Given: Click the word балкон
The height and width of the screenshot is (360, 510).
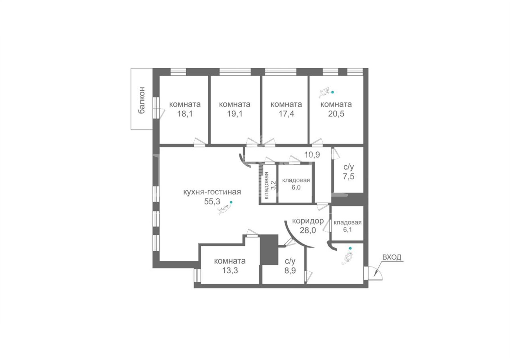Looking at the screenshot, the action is (x=142, y=100).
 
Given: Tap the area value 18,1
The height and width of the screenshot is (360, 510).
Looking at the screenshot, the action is (x=185, y=114).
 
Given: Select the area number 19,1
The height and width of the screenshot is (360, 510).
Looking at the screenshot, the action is (x=235, y=114).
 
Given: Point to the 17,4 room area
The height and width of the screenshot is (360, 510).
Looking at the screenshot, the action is (x=286, y=114).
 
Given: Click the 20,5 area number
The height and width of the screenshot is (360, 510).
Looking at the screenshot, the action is (x=336, y=114).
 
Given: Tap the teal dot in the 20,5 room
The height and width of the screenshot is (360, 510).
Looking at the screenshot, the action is (x=332, y=92).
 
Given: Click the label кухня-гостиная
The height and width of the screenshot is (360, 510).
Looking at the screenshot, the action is (x=212, y=192).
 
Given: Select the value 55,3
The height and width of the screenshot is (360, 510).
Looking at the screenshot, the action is (x=212, y=202).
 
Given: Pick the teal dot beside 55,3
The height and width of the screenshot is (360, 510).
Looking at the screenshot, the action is (x=231, y=202).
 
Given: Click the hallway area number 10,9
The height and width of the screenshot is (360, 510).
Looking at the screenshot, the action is (x=312, y=155).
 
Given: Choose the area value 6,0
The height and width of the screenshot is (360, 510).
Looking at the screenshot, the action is (x=296, y=187).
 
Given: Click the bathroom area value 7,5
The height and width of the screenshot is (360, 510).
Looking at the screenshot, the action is (x=348, y=177).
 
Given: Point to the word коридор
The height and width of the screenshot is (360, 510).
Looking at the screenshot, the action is (x=308, y=221).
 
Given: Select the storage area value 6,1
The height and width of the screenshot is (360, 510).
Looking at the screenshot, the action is (x=348, y=230).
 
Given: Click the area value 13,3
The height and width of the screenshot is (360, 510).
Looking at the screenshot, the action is (x=230, y=271).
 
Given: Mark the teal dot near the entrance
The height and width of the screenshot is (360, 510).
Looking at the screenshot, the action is (x=350, y=248).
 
